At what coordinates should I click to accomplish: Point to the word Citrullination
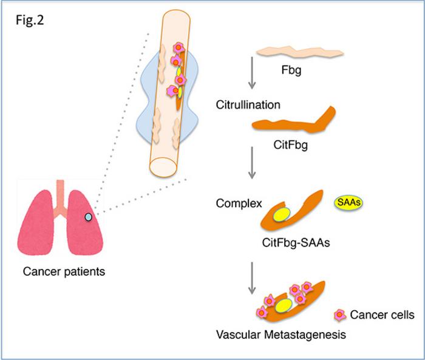tap(248, 104)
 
